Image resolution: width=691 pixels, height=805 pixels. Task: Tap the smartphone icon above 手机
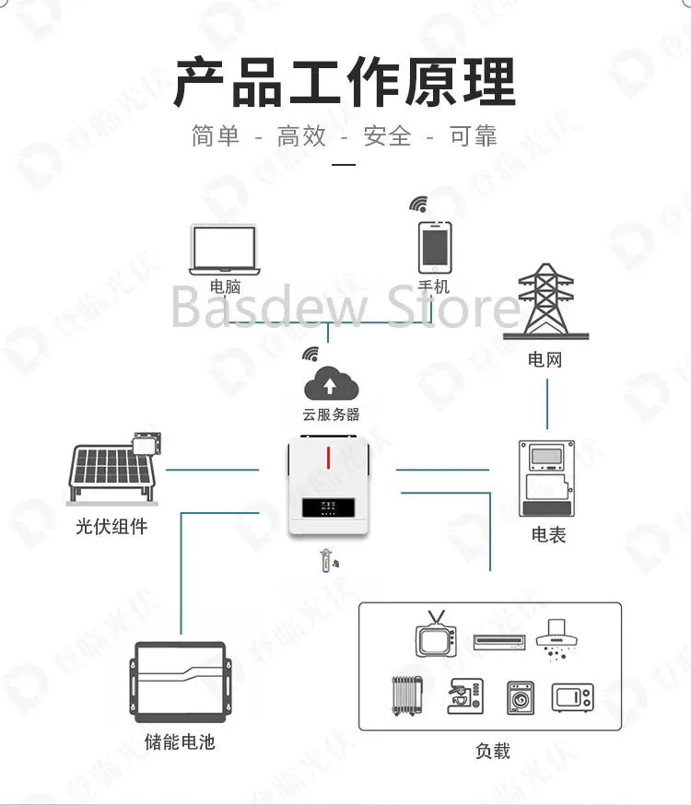434,247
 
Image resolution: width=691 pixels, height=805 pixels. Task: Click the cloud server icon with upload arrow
331,382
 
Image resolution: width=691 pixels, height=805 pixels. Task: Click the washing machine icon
520,697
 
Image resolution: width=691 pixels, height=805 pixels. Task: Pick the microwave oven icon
572,697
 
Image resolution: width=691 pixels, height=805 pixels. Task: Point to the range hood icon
556,636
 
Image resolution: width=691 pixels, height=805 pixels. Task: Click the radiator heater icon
408,695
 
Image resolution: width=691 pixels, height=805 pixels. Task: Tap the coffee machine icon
463,696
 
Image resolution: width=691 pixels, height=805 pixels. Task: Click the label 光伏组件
111,527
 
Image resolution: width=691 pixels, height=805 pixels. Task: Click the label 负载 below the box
493,751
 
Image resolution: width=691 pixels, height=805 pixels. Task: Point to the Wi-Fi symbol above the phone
419,204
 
